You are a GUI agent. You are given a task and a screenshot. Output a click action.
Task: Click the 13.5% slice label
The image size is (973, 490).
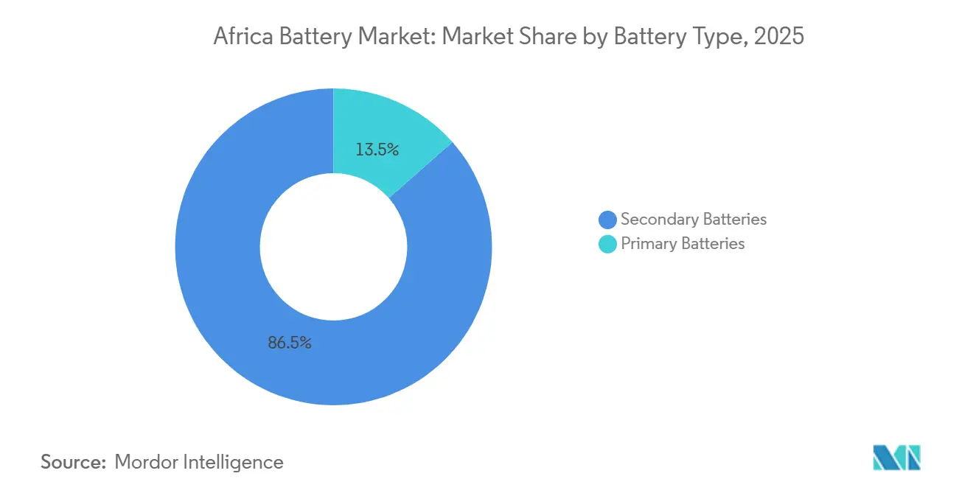377,150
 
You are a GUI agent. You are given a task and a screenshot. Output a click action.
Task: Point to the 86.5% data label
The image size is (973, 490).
290,343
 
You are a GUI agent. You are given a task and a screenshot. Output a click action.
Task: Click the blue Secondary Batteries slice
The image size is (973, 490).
221,295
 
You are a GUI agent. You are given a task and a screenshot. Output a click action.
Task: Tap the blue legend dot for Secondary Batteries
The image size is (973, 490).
607,220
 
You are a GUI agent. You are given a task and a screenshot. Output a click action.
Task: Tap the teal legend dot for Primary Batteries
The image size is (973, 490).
607,244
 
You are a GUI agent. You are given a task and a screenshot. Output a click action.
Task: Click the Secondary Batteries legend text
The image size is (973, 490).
693,220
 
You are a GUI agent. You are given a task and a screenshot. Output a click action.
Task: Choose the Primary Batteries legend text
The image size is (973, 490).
683,244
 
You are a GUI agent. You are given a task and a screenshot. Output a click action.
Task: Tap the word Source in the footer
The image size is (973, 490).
72,462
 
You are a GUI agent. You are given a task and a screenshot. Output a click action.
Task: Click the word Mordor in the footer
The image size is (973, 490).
146,462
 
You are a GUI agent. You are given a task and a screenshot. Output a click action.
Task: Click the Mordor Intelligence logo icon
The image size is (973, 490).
896,458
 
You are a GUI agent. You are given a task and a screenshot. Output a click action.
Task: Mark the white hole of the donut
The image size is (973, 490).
333,247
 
